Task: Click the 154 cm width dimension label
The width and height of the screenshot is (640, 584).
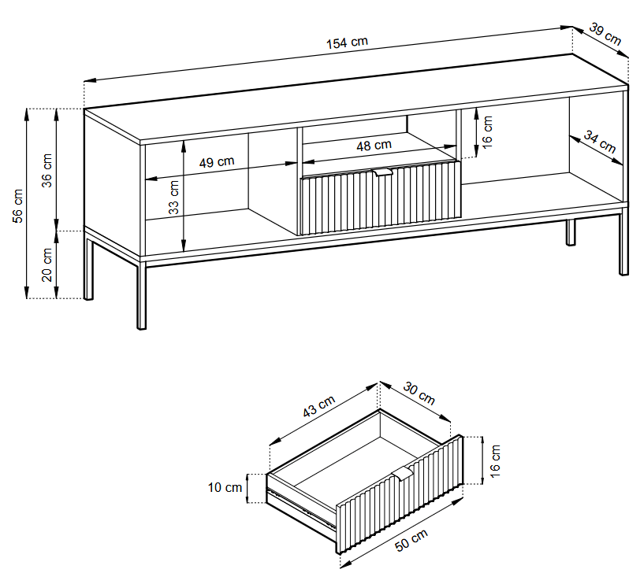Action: tap(347, 43)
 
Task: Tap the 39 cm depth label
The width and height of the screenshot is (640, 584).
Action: tap(605, 34)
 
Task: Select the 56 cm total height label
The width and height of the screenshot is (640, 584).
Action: tap(18, 205)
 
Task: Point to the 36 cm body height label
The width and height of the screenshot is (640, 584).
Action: tap(47, 170)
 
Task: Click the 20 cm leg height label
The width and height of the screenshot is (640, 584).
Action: tap(47, 265)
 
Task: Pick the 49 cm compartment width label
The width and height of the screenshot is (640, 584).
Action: tap(217, 162)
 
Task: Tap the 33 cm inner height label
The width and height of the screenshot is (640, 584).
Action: tap(174, 198)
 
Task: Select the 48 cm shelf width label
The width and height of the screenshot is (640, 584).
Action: tap(374, 146)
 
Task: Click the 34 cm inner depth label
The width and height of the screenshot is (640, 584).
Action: tap(599, 142)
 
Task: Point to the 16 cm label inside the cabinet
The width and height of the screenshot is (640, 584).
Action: tap(487, 132)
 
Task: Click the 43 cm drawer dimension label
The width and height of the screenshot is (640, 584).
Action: tap(318, 406)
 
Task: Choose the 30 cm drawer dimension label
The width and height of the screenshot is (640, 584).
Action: tap(419, 393)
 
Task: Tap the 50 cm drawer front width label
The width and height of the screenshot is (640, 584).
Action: tap(411, 541)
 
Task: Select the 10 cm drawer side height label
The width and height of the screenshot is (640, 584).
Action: tap(225, 487)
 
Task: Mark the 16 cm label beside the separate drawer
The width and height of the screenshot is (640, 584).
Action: tap(495, 461)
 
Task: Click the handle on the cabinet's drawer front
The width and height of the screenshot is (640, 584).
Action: tap(383, 173)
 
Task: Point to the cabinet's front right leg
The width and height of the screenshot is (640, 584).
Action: tap(623, 244)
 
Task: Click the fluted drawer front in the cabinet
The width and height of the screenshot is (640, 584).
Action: tap(381, 198)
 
